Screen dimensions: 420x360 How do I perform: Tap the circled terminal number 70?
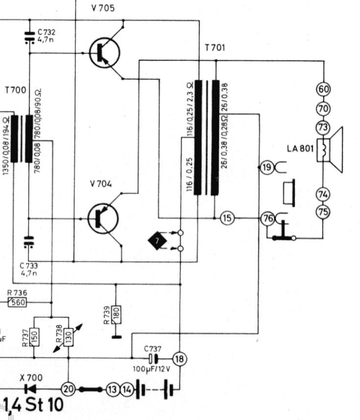(x=324, y=108)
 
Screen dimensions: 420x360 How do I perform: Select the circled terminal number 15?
(x=226, y=218)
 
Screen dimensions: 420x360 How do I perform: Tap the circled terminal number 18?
(x=180, y=359)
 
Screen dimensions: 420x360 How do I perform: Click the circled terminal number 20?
(x=69, y=389)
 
